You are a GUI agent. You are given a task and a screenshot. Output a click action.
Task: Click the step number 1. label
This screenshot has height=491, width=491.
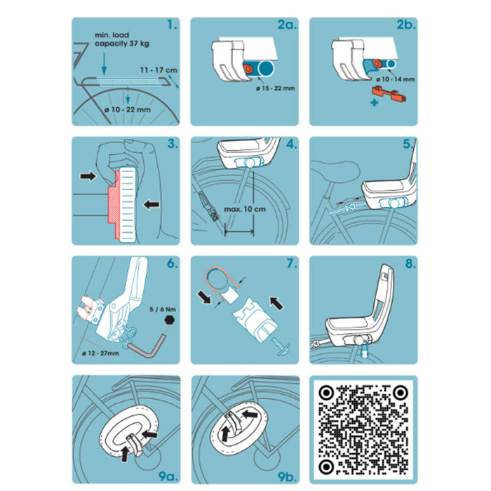172,25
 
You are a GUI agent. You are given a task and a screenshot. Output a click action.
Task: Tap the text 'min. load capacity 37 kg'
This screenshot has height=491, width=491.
122,39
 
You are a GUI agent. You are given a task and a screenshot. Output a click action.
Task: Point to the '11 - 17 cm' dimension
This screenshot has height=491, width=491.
159,70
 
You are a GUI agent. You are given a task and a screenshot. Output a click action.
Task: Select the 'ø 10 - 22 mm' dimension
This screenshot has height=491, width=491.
128,109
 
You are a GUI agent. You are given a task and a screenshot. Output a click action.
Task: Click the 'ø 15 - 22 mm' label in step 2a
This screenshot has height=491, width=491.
275,88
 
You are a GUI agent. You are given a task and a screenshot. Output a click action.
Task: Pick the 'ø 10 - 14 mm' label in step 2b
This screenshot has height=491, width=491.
395,79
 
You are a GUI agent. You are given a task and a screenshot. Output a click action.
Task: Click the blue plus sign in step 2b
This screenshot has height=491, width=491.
374,102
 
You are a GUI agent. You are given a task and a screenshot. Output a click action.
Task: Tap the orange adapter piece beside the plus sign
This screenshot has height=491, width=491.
389,94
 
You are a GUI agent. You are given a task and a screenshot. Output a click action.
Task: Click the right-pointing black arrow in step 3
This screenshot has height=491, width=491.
88,176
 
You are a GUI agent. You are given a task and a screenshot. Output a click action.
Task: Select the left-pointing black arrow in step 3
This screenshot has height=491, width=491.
152,205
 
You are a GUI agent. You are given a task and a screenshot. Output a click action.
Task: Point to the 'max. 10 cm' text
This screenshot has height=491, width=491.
245,209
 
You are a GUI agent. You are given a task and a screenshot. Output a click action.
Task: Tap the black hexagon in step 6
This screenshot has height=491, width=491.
170,320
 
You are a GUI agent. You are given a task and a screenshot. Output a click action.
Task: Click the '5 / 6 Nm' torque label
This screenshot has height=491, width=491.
163,309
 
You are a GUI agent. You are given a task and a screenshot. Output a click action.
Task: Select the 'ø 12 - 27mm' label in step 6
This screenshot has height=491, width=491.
100,354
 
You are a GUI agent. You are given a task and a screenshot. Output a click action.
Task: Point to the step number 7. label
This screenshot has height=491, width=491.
291,264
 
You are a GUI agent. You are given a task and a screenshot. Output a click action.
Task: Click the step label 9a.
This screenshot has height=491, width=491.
168,476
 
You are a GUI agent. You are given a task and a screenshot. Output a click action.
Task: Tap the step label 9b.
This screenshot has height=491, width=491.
287,476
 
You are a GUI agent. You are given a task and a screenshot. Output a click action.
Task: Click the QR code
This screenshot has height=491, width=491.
363,429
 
